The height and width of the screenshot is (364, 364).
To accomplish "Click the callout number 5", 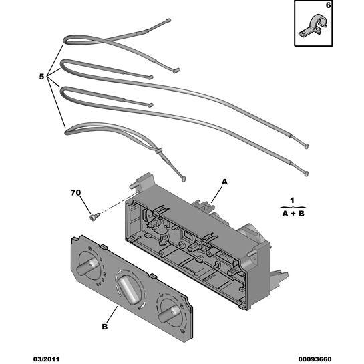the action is [x=41, y=76].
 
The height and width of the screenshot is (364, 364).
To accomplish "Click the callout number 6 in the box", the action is [x=328, y=5].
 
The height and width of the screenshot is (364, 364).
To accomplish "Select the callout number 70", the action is [x=75, y=192].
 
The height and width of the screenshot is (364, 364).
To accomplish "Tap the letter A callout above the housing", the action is [x=224, y=182].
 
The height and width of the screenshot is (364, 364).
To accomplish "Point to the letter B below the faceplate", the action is [x=105, y=327].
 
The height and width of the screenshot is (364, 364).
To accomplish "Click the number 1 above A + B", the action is [x=293, y=200].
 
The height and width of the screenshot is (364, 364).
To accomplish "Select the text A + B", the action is [x=293, y=213].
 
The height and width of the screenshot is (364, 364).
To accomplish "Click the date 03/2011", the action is [x=46, y=359].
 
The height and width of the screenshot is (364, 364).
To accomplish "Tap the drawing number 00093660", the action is [x=315, y=359].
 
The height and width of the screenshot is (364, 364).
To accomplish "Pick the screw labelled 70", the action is [x=95, y=217].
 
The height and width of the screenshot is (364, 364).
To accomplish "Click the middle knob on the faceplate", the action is [x=128, y=289].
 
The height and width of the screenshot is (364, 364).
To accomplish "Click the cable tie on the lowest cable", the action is [x=159, y=151].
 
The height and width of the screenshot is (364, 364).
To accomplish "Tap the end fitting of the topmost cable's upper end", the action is [x=168, y=21].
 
